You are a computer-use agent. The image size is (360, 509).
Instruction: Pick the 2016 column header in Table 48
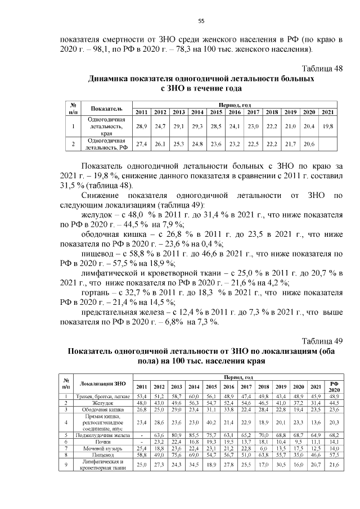pyautogui.click(x=234, y=112)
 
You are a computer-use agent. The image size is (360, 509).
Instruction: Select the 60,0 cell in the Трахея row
pyautogui.click(x=193, y=397)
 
